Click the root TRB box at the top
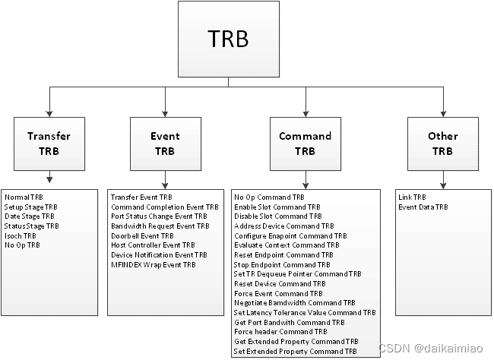(227, 39)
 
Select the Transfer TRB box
(49, 144)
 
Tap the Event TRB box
(165, 144)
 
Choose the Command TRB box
(305, 144)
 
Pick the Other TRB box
(442, 144)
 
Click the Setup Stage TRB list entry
(30, 207)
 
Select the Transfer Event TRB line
(141, 197)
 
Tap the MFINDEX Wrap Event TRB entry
(153, 264)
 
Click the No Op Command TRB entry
(269, 197)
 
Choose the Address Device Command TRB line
(283, 226)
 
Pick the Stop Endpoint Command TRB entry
(281, 264)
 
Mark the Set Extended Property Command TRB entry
(296, 351)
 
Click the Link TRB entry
(412, 197)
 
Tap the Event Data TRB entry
(423, 207)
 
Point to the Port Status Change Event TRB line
(158, 216)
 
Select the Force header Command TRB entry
(280, 332)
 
